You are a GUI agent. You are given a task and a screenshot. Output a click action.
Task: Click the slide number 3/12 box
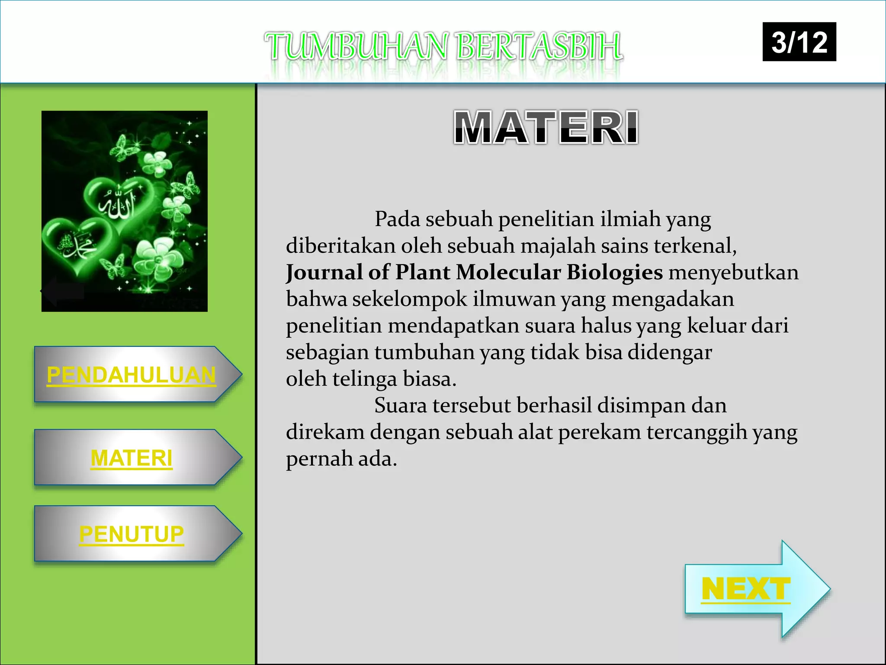point(799,42)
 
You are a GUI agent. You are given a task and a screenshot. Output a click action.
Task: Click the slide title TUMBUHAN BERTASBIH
point(444,46)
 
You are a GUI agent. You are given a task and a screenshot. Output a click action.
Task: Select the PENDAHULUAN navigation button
point(132,374)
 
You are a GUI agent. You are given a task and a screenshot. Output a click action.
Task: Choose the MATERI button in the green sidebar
point(132,458)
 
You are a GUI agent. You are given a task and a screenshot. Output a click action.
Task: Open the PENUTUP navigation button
point(132,534)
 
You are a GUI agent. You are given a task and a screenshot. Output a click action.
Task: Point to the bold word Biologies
point(614,273)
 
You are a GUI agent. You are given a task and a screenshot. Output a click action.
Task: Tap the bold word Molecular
point(508,273)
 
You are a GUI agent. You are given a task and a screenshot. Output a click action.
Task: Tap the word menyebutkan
point(733,273)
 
